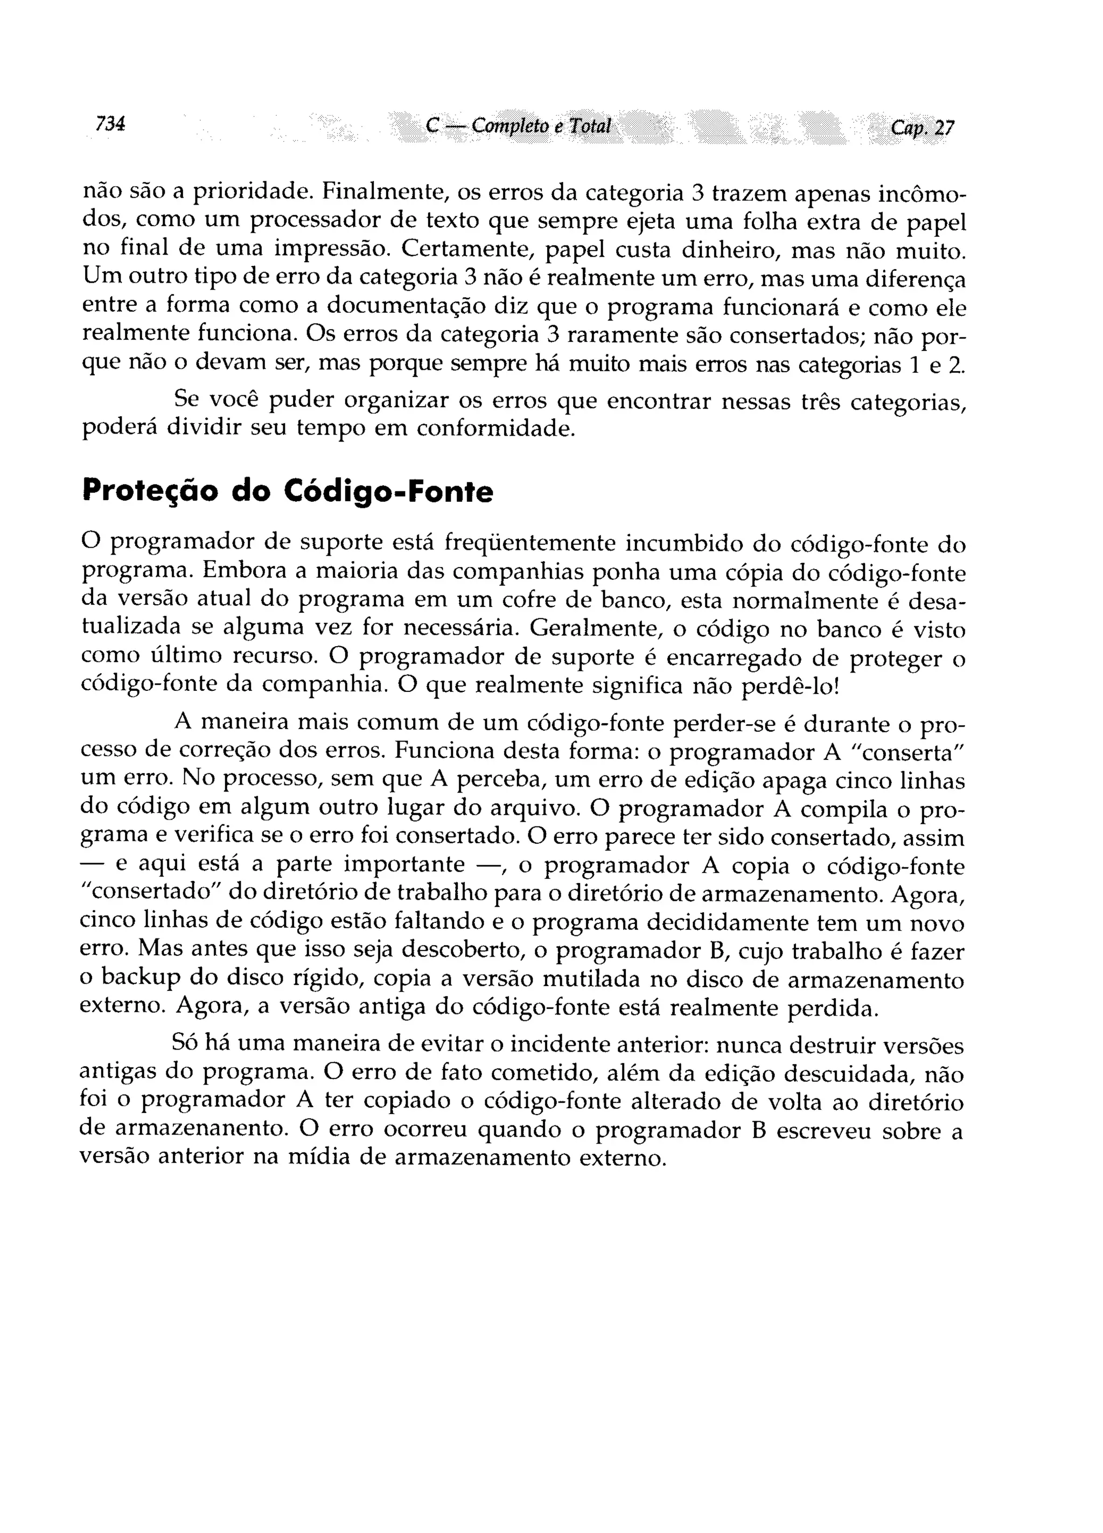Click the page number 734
coord(110,124)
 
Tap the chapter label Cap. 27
coord(921,128)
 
